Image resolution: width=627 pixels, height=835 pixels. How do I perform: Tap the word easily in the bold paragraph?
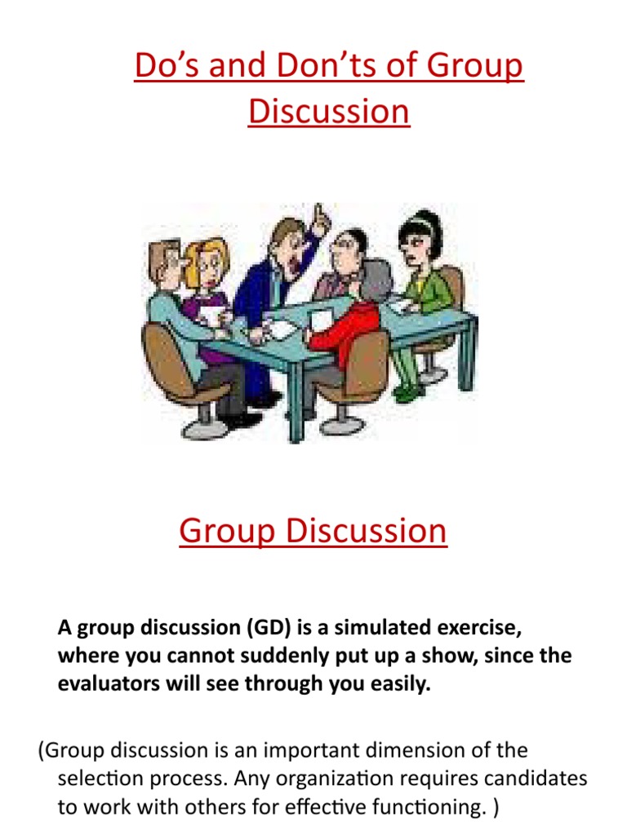(398, 684)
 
